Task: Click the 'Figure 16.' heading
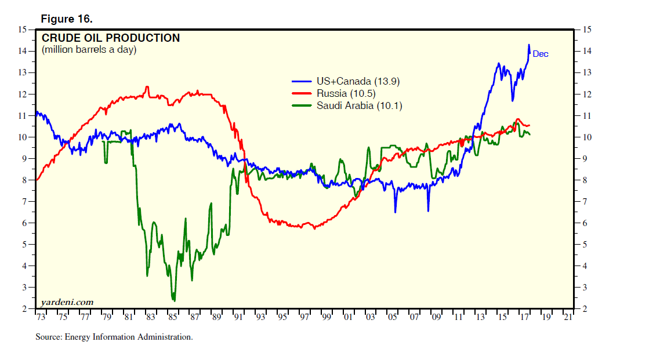(x=67, y=19)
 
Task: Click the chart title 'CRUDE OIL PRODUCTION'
(x=111, y=38)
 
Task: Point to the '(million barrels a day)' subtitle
(x=89, y=50)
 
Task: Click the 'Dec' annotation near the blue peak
(x=541, y=54)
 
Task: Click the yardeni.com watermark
(x=67, y=302)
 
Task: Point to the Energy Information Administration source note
(x=114, y=337)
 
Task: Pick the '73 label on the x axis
(x=41, y=318)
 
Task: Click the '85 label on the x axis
(x=172, y=318)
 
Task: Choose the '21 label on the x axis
(x=567, y=318)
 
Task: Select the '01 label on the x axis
(x=348, y=318)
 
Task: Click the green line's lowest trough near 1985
(x=173, y=300)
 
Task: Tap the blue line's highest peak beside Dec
(x=528, y=45)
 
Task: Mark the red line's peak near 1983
(x=147, y=87)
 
